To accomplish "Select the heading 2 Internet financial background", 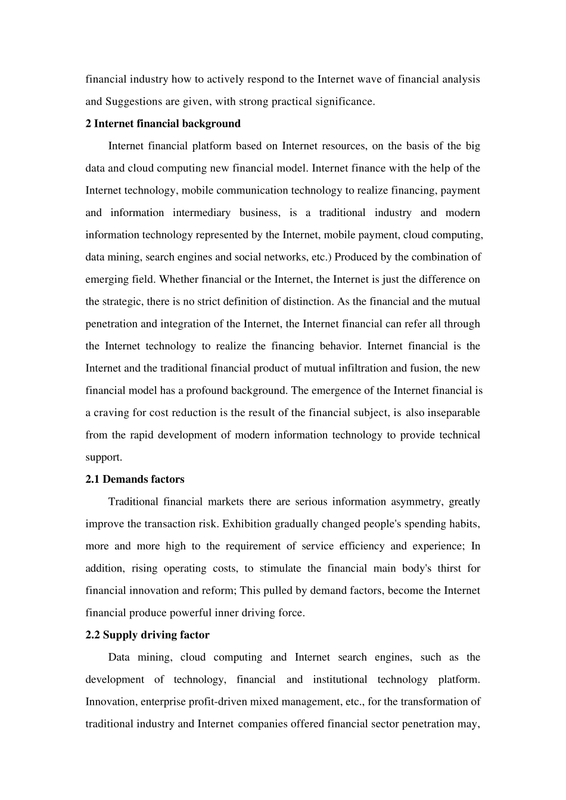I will click(x=163, y=124).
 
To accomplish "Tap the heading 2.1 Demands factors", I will click(x=135, y=479).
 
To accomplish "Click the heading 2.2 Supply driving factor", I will click(x=147, y=635).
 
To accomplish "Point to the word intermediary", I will click(x=201, y=212).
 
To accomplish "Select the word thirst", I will click(x=449, y=568).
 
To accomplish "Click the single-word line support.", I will click(x=104, y=457).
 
